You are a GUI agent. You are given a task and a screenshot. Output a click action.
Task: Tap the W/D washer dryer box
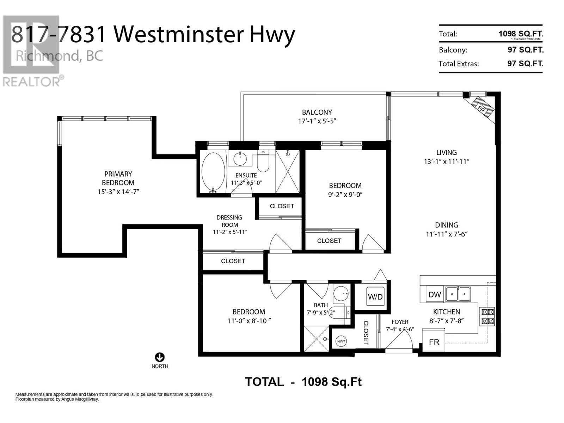pyautogui.click(x=375, y=296)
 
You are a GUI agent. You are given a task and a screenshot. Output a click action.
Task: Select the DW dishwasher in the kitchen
pyautogui.click(x=434, y=295)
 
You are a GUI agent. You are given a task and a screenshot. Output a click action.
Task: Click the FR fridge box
pyautogui.click(x=434, y=342)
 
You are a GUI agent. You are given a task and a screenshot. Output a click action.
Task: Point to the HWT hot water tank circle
pyautogui.click(x=341, y=341)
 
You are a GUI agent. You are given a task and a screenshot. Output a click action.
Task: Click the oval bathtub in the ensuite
pyautogui.click(x=213, y=172)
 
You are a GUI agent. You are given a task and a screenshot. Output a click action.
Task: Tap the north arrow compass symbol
pyautogui.click(x=160, y=357)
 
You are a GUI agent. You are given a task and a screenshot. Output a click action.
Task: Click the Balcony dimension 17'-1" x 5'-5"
pyautogui.click(x=317, y=121)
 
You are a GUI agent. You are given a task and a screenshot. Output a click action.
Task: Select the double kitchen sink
pyautogui.click(x=458, y=294)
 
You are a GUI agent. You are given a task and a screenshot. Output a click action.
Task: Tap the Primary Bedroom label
pyautogui.click(x=118, y=178)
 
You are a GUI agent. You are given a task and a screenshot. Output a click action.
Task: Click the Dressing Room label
pyautogui.click(x=229, y=221)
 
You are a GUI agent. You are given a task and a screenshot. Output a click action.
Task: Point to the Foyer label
pyautogui.click(x=400, y=322)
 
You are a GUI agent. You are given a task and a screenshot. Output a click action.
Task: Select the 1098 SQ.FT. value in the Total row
pyautogui.click(x=520, y=34)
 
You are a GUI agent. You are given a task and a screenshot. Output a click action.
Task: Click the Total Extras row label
pyautogui.click(x=459, y=64)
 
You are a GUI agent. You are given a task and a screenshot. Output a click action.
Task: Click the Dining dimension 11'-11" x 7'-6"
pyautogui.click(x=446, y=234)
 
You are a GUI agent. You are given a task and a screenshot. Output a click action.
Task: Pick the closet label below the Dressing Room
pyautogui.click(x=233, y=261)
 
